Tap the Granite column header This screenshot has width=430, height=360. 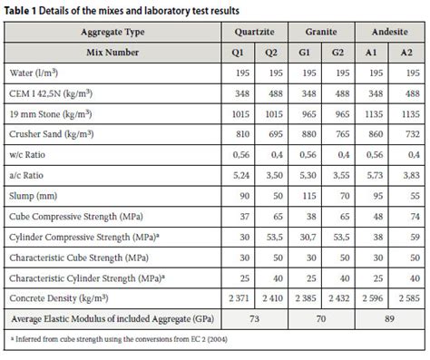click(x=323, y=30)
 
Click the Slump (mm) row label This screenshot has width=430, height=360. click(x=35, y=194)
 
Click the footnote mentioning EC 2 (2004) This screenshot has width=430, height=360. click(x=118, y=339)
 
